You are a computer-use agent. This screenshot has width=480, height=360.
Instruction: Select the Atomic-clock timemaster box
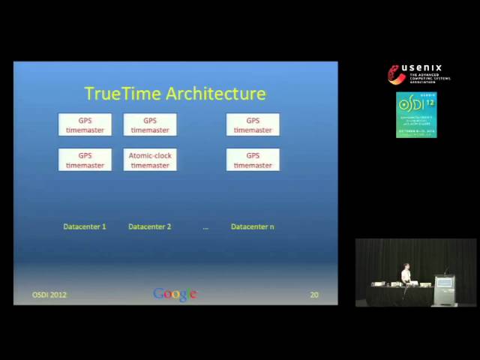tap(150, 160)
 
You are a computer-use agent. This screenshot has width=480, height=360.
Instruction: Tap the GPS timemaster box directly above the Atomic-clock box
tap(150, 124)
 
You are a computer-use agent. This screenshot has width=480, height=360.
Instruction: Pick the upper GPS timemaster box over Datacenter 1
tap(85, 124)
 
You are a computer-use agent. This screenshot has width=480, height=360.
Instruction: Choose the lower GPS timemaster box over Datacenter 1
tap(85, 160)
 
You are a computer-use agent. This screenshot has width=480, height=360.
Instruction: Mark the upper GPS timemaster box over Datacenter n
tap(253, 124)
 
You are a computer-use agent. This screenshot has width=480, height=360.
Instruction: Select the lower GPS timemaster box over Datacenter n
tap(253, 160)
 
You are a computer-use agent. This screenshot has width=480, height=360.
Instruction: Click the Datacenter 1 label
tap(85, 226)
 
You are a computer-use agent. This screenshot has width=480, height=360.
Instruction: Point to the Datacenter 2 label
tap(150, 226)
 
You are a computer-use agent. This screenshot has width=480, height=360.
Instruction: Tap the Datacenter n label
tap(253, 226)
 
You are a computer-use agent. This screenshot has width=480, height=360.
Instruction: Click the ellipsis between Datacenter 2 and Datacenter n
tap(205, 227)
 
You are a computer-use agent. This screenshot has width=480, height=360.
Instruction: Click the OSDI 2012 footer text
tap(49, 295)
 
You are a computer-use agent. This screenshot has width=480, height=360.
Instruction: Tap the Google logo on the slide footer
tap(175, 294)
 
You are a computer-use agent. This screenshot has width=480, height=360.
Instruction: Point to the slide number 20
tap(313, 295)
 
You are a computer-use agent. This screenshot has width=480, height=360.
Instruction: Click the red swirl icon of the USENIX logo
tap(396, 74)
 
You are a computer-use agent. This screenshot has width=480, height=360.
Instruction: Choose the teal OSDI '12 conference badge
tap(416, 114)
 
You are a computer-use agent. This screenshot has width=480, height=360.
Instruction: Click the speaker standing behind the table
tap(406, 274)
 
